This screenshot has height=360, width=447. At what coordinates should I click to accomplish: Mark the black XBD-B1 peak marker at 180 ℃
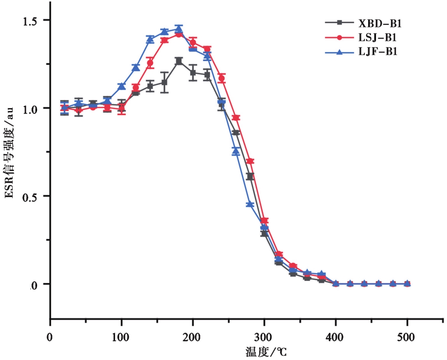[179, 61]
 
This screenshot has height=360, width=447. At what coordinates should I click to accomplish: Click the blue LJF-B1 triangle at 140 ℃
[150, 39]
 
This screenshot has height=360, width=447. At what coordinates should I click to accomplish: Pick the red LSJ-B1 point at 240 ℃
[222, 78]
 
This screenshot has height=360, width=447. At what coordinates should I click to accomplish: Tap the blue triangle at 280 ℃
[250, 204]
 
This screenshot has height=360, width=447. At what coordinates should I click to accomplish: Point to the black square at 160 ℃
[164, 83]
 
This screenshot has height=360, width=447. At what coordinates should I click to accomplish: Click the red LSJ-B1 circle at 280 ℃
[250, 161]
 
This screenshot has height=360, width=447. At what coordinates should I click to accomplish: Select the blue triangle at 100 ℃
[121, 86]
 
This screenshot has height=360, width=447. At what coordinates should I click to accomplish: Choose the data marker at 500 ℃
[407, 284]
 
